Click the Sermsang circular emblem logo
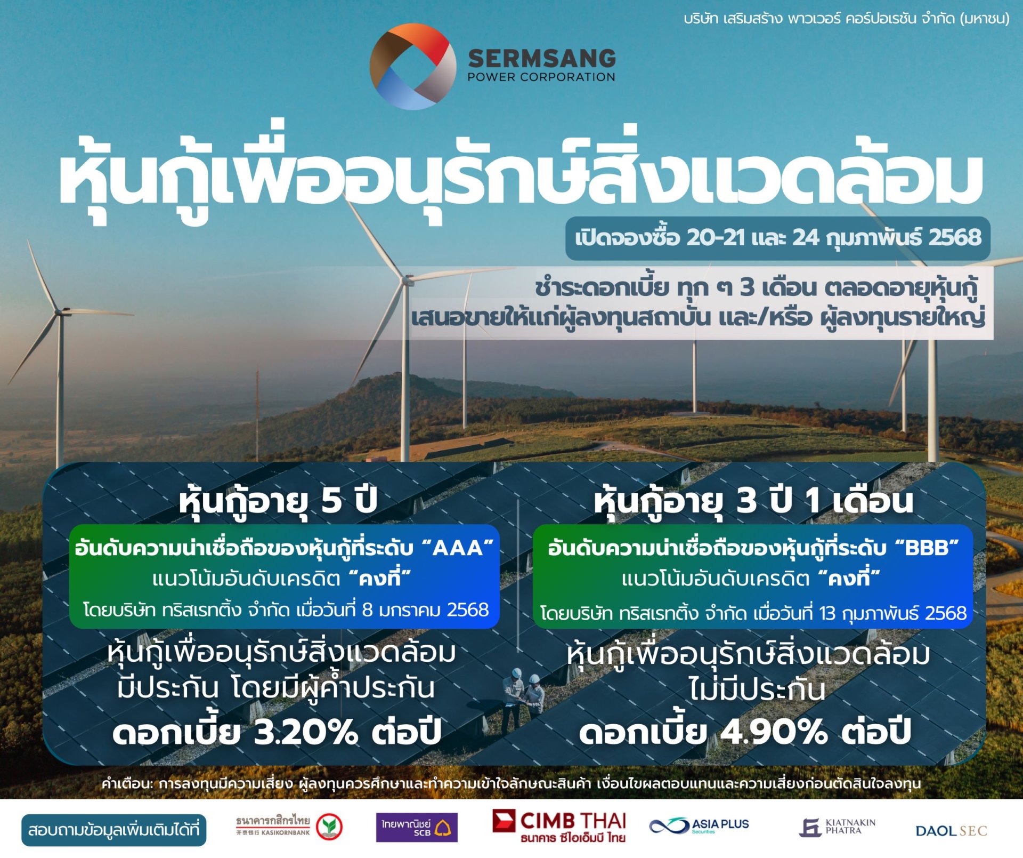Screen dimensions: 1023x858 click(413, 67)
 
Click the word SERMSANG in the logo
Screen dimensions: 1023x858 click(542, 58)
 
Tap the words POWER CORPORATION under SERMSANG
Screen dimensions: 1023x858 click(541, 77)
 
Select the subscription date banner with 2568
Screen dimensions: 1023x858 click(777, 238)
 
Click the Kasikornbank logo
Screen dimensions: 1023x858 click(289, 827)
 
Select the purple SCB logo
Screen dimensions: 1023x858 click(417, 827)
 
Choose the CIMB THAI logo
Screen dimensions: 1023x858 click(559, 827)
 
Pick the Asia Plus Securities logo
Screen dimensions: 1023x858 click(699, 826)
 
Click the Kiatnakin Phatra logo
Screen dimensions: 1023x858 click(837, 827)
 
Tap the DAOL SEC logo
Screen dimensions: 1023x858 click(951, 830)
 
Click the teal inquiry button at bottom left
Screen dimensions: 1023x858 click(113, 830)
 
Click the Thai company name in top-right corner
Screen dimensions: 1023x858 click(846, 19)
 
